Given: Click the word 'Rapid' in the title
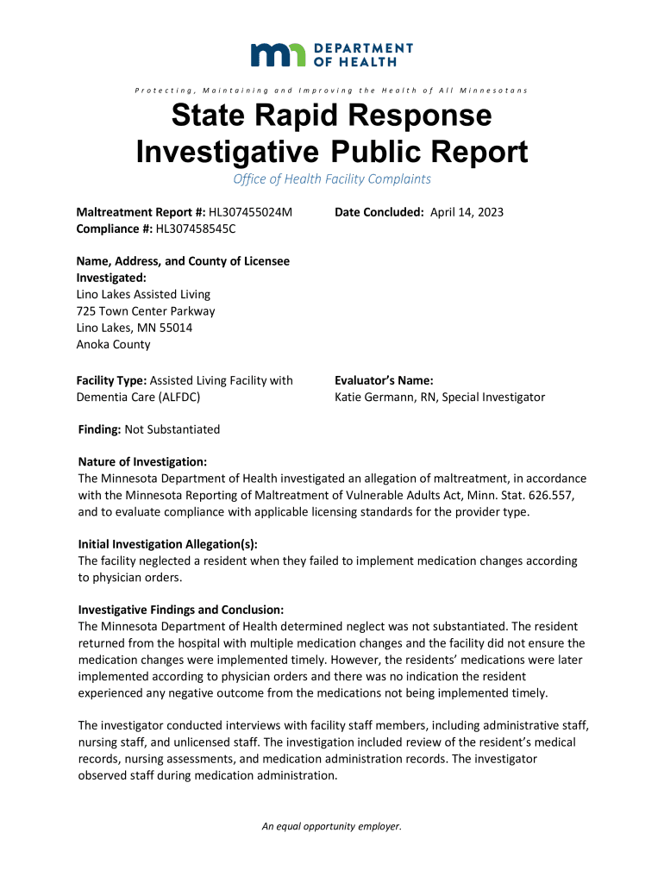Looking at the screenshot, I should (x=333, y=116).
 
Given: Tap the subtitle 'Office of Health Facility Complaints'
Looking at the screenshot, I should (x=332, y=179).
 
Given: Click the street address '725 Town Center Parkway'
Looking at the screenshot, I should (x=147, y=311).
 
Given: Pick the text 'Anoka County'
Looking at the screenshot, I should (x=114, y=345).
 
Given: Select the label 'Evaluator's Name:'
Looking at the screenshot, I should (x=384, y=380).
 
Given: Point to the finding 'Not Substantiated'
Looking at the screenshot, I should (x=172, y=429).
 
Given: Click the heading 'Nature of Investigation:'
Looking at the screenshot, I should (x=142, y=462).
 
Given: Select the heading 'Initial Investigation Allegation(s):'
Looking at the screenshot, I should (x=168, y=544).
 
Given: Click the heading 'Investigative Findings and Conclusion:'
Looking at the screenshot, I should (x=181, y=610).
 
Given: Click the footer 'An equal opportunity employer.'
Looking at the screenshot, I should (x=332, y=826).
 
